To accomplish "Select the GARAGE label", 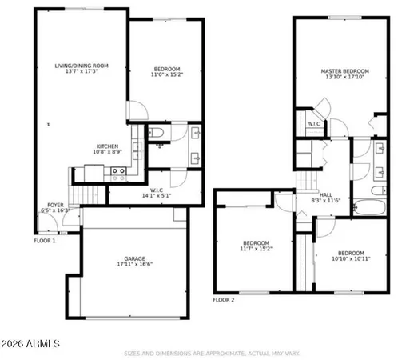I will pyautogui.click(x=134, y=258).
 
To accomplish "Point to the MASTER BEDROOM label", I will pyautogui.click(x=342, y=71).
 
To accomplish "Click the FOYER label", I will pyautogui.click(x=55, y=205).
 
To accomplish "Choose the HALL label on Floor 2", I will pyautogui.click(x=325, y=194).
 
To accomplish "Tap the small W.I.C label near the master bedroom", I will pyautogui.click(x=314, y=123).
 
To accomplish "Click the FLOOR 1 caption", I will pyautogui.click(x=45, y=240).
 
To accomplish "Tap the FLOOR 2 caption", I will pyautogui.click(x=224, y=300).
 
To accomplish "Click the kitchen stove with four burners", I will pyautogui.click(x=117, y=170).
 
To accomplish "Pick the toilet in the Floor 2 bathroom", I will pyautogui.click(x=360, y=149).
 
